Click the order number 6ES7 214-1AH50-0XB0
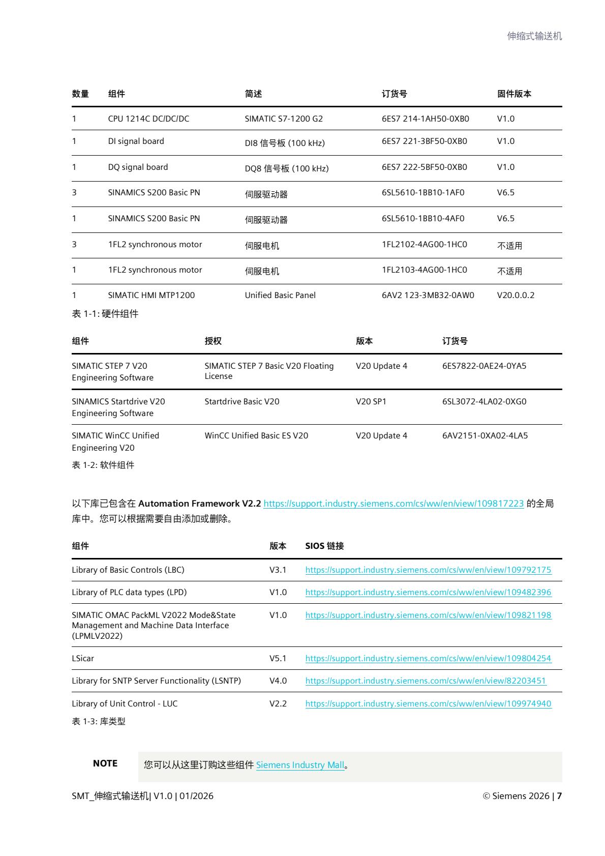pyautogui.click(x=425, y=119)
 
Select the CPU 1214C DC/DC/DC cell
pyautogui.click(x=148, y=119)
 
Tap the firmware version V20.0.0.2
pyautogui.click(x=516, y=296)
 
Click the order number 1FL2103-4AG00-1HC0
pyautogui.click(x=424, y=270)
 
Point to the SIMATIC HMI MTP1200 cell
pyautogui.click(x=151, y=296)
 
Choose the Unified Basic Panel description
pyautogui.click(x=280, y=296)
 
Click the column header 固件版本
pyautogui.click(x=514, y=94)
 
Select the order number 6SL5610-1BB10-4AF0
pyautogui.click(x=423, y=219)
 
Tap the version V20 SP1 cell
pyautogui.click(x=371, y=402)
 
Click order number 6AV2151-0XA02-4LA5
pyautogui.click(x=485, y=436)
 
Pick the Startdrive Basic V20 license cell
pyautogui.click(x=242, y=402)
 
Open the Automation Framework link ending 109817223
pyautogui.click(x=394, y=504)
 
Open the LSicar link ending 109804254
pyautogui.click(x=428, y=659)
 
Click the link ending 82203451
pyautogui.click(x=426, y=681)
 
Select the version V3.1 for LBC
pyautogui.click(x=278, y=570)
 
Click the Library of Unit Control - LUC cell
pyautogui.click(x=125, y=704)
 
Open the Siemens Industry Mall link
pyautogui.click(x=300, y=765)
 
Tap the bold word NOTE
pyautogui.click(x=105, y=763)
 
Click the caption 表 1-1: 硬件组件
pyautogui.click(x=105, y=314)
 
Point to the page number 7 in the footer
pyautogui.click(x=559, y=796)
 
